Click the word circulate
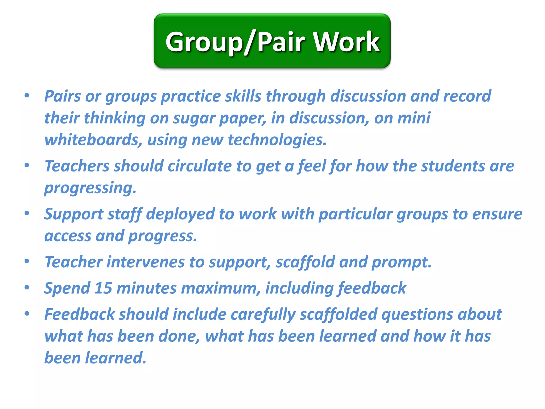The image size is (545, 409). coord(200,166)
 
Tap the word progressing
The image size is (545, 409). coord(90,188)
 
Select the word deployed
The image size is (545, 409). coord(180,214)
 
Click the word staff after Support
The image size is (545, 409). coord(125,214)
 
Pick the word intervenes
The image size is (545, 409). coord(146,262)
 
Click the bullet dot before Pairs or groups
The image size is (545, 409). coord(27,95)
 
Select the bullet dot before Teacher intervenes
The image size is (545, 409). coord(27,261)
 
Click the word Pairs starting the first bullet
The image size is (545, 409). coord(62,96)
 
